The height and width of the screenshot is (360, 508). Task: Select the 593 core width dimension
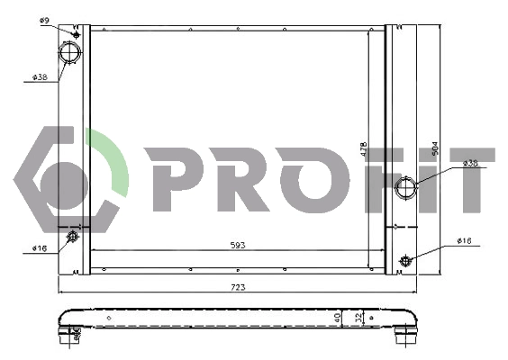[x=238, y=244]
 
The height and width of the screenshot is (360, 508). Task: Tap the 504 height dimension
[x=434, y=148]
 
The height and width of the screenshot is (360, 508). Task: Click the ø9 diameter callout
[x=44, y=18]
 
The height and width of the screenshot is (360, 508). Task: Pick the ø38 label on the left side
[x=40, y=77]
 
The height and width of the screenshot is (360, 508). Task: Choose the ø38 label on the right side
[x=469, y=163]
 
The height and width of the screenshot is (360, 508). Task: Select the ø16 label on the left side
[x=40, y=248]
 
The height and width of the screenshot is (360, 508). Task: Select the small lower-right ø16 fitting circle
[x=405, y=261]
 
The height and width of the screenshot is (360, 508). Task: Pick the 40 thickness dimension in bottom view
[x=338, y=317]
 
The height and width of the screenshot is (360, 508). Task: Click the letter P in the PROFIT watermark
[x=169, y=180]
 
